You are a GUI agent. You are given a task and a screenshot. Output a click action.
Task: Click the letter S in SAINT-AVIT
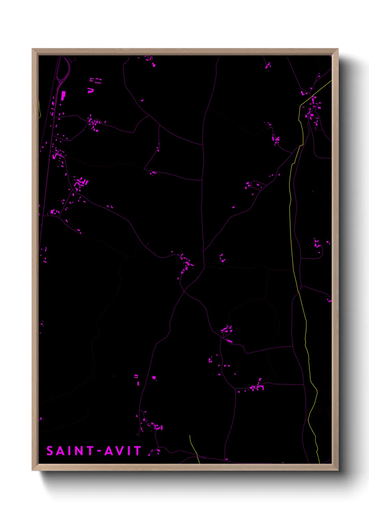point(50,451)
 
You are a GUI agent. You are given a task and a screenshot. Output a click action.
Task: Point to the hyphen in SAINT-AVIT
point(99,451)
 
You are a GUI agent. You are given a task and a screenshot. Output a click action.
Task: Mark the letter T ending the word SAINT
point(90,451)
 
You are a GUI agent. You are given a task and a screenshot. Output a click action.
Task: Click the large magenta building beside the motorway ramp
point(63,96)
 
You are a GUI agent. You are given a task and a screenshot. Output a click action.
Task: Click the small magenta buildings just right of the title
point(155,452)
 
